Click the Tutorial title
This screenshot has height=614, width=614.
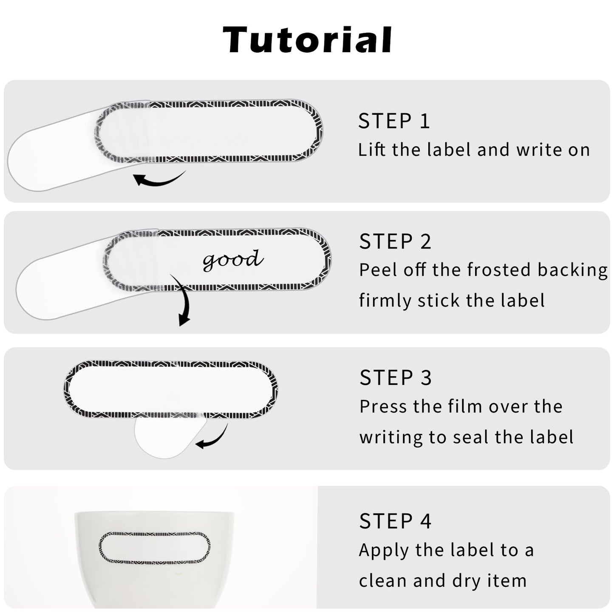pos(307,40)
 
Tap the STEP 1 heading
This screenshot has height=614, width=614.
pos(394,121)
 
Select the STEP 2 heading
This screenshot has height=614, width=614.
pos(395,241)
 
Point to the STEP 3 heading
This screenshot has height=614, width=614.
pos(396,378)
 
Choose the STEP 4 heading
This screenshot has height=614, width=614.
pos(395,521)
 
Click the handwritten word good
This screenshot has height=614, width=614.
pos(233,260)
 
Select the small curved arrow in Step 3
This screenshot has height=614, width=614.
pos(215,439)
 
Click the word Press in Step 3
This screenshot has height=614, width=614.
pos(383,407)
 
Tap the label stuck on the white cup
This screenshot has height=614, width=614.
pos(155,547)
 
